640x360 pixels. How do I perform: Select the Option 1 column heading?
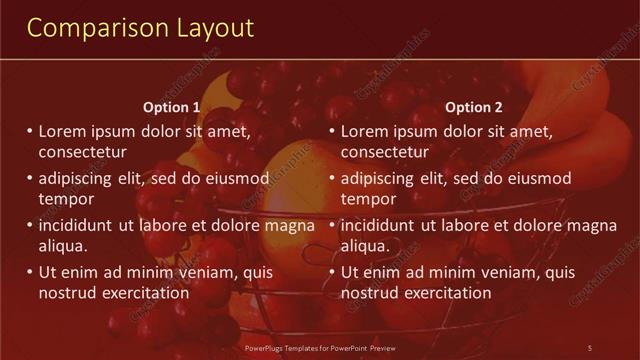click(172, 107)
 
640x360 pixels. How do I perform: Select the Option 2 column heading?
click(474, 107)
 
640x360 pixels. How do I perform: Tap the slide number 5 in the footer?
click(590, 347)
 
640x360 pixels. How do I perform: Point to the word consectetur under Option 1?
click(82, 152)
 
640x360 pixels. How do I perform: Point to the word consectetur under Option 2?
click(385, 152)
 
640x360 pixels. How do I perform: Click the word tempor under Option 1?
click(65, 199)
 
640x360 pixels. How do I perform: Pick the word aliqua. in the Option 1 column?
click(63, 246)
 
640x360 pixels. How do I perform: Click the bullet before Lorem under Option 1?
click(30, 131)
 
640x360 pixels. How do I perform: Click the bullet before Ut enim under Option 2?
click(332, 272)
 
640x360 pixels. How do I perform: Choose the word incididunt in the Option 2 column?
click(378, 225)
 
